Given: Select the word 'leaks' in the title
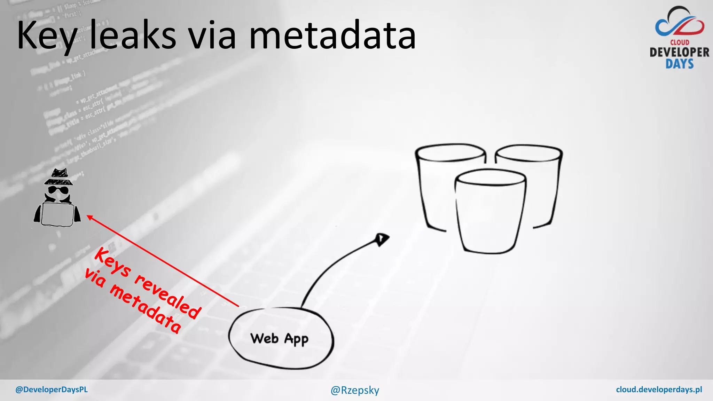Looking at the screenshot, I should click(133, 35).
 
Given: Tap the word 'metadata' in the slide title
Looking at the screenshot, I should click(332, 35).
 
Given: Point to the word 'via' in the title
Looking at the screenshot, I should click(212, 35).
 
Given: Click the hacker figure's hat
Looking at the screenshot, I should click(59, 177).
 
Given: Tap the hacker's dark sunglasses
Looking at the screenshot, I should click(58, 190).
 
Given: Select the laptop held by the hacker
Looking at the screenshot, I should click(57, 214).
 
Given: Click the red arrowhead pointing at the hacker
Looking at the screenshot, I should click(89, 218).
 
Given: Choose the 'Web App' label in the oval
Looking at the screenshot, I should click(279, 339).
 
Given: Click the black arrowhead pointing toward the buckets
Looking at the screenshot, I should click(382, 239).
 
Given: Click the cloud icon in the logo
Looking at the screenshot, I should click(680, 23).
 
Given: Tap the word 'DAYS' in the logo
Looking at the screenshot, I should click(680, 64).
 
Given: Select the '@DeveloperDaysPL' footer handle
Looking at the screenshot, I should click(52, 390).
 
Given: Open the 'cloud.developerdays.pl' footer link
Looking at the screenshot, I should click(659, 390).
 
